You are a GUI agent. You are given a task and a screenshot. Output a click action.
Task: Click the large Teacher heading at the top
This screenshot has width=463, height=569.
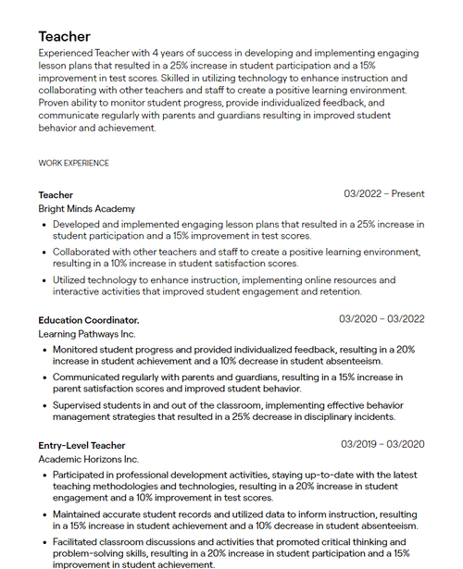pos(64,36)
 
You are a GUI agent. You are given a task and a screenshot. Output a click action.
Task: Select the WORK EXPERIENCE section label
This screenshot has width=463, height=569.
pos(73,163)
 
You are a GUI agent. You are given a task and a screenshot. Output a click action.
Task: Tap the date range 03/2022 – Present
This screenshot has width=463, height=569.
pos(383,194)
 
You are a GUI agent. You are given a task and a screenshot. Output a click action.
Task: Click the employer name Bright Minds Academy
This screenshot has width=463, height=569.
pos(86,209)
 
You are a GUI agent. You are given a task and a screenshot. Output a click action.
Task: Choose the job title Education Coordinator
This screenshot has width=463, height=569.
pos(88,320)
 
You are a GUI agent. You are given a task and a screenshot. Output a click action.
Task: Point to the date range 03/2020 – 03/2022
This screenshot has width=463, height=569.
pos(382,319)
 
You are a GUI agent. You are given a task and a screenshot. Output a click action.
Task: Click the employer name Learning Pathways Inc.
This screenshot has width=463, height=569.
pos(86,334)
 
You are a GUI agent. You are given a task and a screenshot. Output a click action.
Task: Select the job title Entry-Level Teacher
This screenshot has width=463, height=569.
pos(81,445)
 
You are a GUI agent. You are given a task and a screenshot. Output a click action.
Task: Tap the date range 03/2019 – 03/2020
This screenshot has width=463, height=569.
pos(382,444)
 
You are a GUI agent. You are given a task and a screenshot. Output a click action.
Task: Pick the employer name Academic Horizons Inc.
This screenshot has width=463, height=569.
pos(88,459)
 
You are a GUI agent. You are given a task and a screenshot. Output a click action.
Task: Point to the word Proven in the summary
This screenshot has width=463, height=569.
pos(56,104)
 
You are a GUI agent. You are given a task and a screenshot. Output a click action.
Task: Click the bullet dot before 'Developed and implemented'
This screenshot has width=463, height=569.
pos(44,224)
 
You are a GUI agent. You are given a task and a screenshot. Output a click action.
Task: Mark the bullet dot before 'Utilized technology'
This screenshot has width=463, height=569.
pos(44,279)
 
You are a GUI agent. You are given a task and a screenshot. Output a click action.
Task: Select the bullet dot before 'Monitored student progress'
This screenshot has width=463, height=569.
pos(44,350)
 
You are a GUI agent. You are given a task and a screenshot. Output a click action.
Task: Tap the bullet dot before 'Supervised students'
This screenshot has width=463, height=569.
pos(44,405)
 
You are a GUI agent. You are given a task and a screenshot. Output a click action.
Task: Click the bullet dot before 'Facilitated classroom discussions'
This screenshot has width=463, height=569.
pos(44,542)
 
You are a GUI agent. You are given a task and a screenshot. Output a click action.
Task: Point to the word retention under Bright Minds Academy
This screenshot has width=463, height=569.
pos(337,291)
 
